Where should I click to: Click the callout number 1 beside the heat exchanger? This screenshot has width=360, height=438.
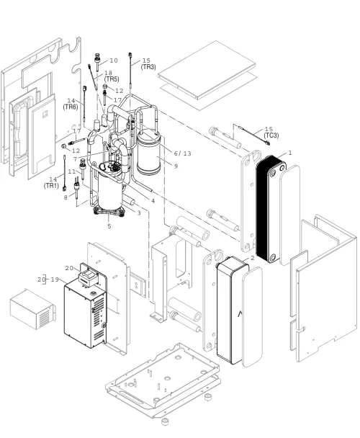290,153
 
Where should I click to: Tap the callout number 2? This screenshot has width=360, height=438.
253,258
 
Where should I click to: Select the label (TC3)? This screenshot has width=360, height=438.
271,135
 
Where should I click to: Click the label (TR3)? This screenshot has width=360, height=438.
148,67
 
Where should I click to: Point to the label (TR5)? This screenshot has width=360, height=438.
112,79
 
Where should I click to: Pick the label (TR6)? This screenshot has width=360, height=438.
71,107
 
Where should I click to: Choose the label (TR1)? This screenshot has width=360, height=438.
51,186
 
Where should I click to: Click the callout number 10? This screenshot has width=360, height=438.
114,61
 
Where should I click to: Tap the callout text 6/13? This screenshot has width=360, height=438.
183,153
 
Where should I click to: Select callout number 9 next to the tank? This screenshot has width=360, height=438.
176,166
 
